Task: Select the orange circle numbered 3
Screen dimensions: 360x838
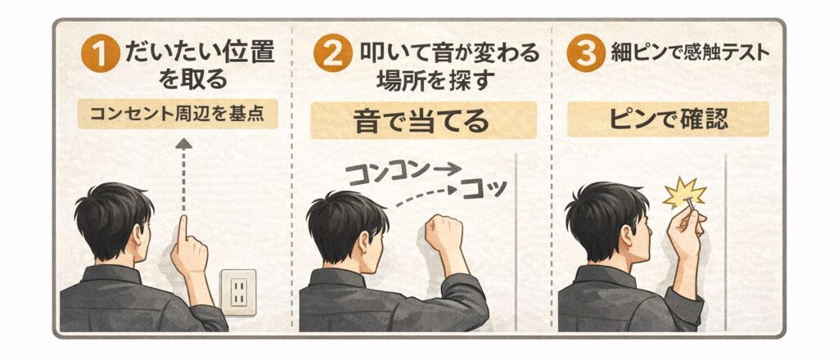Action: [585, 56]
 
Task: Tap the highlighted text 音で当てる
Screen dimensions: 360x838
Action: [423, 120]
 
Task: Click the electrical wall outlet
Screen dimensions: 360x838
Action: [238, 290]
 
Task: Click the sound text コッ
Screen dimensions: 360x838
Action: [484, 189]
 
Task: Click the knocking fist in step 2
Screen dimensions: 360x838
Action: [442, 234]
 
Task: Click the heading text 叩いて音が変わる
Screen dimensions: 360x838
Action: [450, 55]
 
